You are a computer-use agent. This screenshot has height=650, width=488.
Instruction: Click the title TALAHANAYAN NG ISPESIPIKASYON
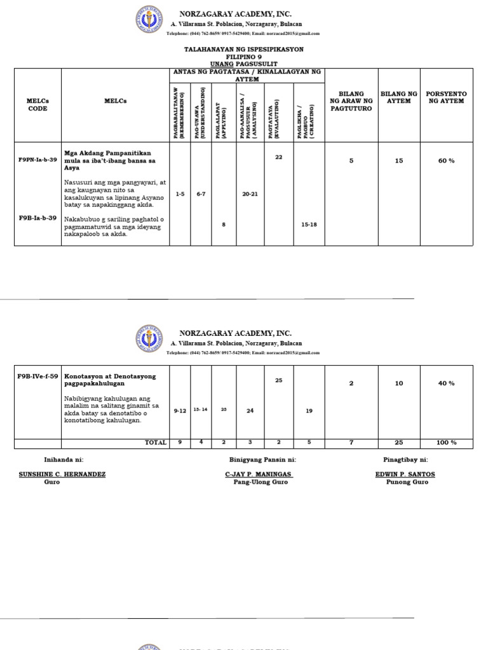(243, 49)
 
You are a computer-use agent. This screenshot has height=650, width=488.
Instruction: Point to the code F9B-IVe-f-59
(37, 376)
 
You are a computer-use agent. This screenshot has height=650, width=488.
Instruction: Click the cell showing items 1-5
(180, 194)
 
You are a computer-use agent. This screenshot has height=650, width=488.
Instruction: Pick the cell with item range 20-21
(250, 194)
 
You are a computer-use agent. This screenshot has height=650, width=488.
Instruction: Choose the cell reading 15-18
(309, 224)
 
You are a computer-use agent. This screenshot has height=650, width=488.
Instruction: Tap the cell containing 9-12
(180, 411)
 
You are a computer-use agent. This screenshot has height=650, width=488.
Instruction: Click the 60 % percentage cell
(446, 161)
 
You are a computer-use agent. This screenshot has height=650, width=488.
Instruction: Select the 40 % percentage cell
(446, 383)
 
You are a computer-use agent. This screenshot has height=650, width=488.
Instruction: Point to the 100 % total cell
(446, 442)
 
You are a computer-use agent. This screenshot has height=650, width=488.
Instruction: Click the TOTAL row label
(156, 442)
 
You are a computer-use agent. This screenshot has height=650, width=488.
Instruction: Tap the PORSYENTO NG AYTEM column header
(446, 98)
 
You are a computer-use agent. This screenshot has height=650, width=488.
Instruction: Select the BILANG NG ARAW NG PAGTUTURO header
(351, 102)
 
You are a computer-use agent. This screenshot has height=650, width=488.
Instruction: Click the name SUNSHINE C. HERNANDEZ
(62, 474)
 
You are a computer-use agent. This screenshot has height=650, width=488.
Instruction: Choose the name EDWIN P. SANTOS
(405, 474)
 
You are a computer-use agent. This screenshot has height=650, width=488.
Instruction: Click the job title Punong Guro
(407, 482)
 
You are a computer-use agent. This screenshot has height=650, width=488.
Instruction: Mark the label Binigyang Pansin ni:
(262, 459)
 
